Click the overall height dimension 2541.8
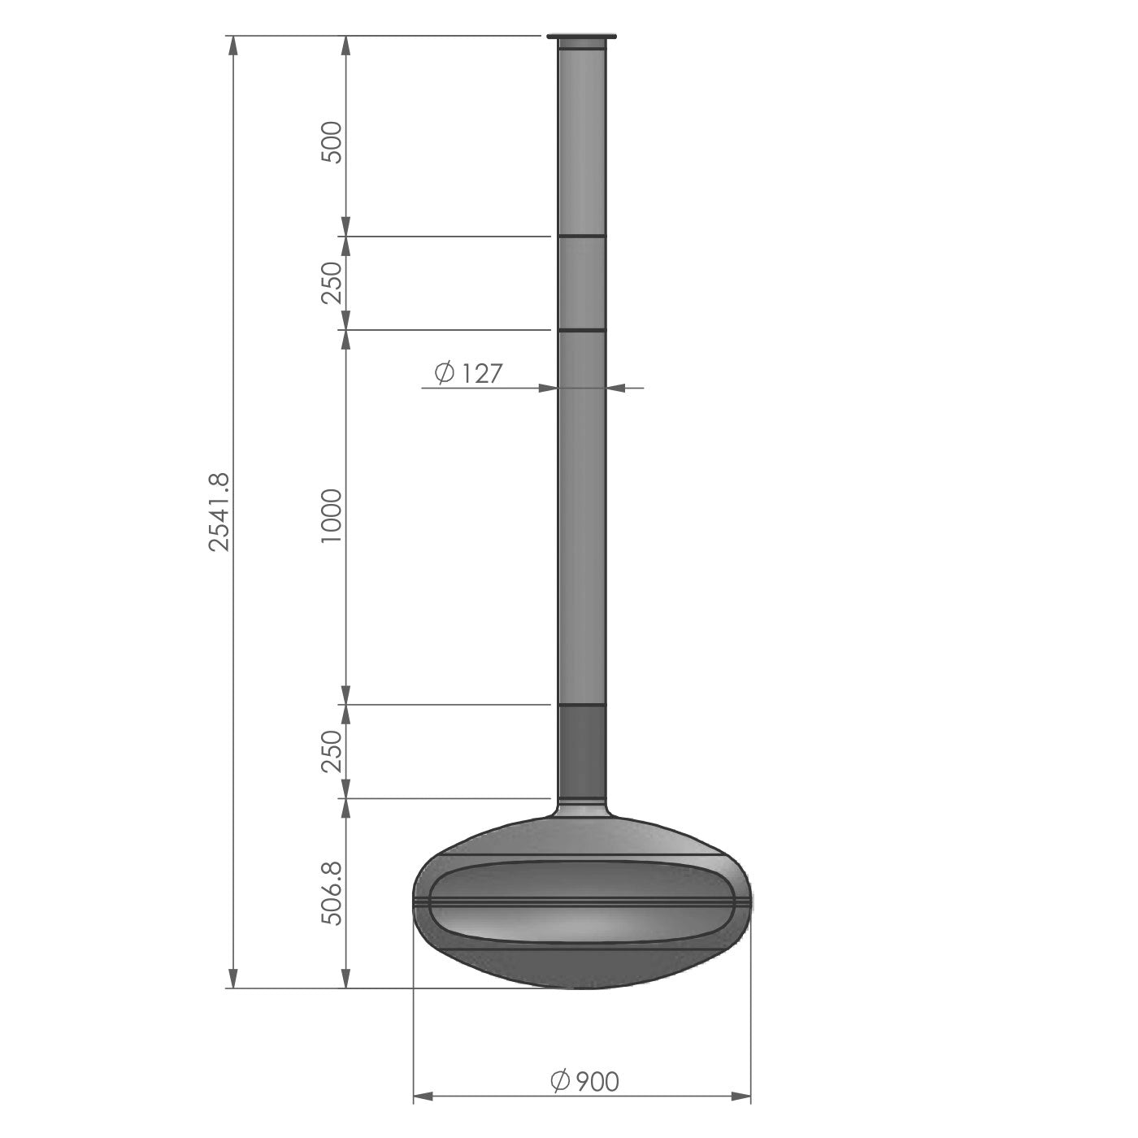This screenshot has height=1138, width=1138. pos(219,511)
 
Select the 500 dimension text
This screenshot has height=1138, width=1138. pos(332,141)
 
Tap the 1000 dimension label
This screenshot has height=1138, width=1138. pos(332,516)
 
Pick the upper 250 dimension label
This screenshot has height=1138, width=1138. pos(332,282)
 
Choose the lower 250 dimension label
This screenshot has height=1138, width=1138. pos(332,751)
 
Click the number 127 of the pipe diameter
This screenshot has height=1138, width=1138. pos(481,373)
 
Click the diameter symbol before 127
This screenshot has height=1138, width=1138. pos(444,372)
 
